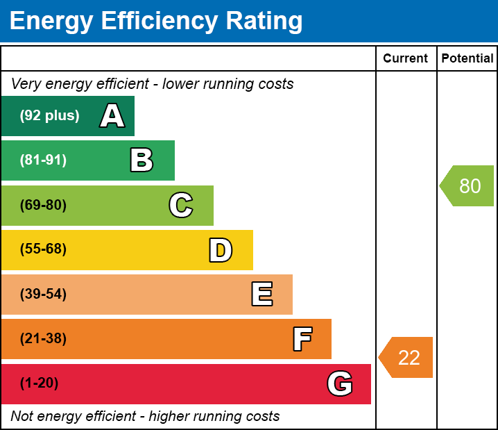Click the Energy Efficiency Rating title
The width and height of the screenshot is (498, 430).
(156, 21)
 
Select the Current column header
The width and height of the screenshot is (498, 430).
(406, 58)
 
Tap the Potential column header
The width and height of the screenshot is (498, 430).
(467, 58)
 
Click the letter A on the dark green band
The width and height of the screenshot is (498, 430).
(112, 116)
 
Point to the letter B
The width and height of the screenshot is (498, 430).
(141, 160)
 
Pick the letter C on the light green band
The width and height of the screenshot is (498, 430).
(181, 206)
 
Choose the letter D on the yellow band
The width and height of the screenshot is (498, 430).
(221, 250)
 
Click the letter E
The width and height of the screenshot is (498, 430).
(261, 295)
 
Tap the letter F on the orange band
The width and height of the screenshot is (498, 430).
(302, 340)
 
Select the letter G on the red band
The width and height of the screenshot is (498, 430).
(340, 383)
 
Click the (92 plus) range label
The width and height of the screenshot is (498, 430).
(49, 116)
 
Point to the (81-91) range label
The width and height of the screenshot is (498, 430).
(43, 160)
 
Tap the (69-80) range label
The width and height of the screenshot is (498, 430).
(43, 206)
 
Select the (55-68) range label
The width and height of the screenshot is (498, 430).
(43, 249)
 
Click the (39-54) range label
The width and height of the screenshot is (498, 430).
(43, 295)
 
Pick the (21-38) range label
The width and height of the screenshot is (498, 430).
(43, 339)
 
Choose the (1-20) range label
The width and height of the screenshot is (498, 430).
(39, 383)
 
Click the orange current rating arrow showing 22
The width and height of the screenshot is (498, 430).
(407, 358)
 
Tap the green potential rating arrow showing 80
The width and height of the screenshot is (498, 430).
(468, 186)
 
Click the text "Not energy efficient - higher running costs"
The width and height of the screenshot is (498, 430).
(145, 417)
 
